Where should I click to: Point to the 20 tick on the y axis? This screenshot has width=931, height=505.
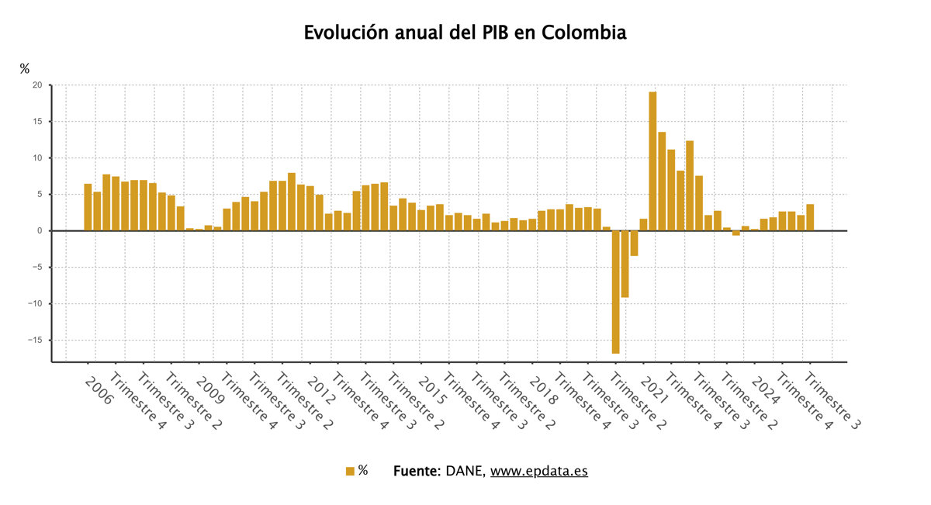pos(36,85)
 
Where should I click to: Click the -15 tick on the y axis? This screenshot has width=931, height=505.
pos(34,340)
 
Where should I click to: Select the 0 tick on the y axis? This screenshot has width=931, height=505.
pos(39,230)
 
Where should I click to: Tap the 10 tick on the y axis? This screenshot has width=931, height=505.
pos(36,158)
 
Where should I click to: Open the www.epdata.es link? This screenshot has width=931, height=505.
pos(538,471)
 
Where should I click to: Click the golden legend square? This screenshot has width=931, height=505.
pos(350,471)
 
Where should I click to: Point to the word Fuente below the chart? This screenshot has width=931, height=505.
pos(417,471)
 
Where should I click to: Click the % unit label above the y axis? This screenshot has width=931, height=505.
pos(25,69)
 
